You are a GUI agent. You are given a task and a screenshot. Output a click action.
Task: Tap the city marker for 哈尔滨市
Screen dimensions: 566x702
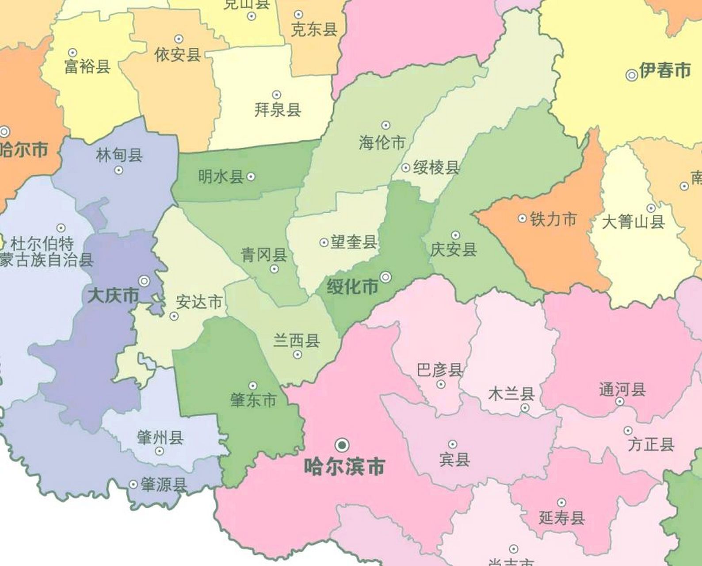[x=342, y=444]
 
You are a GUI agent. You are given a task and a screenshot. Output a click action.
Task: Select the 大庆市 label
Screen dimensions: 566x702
[x=113, y=295]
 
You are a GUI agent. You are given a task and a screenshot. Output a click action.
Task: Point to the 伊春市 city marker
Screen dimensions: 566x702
[x=632, y=75]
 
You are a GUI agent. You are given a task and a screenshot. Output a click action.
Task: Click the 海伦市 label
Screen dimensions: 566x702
[x=382, y=143]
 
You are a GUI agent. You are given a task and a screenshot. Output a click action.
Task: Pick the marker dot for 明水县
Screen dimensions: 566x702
[x=251, y=177]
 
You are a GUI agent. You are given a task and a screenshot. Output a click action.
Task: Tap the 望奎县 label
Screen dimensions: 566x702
[x=354, y=242]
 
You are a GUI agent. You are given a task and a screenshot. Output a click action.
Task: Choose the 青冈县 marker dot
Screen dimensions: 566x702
[x=274, y=269]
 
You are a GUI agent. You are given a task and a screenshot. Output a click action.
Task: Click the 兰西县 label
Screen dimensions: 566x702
[x=296, y=341]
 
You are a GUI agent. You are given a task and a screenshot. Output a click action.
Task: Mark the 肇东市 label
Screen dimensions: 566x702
[x=253, y=400]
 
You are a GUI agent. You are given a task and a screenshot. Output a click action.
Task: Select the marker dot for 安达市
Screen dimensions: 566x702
[x=174, y=316]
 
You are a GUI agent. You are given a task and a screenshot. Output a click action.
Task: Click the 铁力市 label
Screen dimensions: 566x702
[x=553, y=219]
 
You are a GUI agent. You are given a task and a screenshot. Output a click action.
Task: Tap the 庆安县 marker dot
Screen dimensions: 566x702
[x=456, y=235]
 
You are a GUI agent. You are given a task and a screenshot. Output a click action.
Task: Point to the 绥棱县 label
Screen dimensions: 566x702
[x=436, y=168]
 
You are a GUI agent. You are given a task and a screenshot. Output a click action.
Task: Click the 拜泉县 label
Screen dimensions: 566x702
[x=278, y=109]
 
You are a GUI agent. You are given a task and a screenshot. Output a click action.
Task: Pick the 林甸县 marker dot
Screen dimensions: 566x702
[x=118, y=170]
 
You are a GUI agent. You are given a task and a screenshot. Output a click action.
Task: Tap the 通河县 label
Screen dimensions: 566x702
[x=622, y=390]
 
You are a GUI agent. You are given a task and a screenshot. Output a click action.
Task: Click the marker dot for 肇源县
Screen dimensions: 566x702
[x=133, y=485]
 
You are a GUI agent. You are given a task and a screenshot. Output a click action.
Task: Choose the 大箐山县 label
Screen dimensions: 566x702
[x=633, y=222]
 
